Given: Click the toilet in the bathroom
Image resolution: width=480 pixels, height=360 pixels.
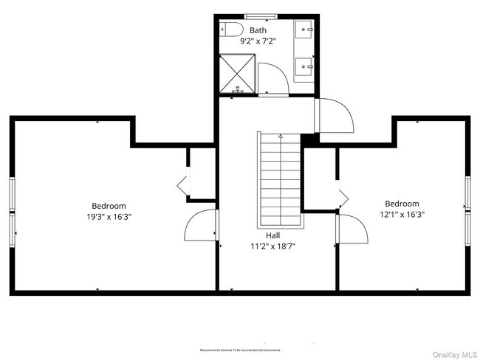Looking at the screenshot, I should coord(233,30).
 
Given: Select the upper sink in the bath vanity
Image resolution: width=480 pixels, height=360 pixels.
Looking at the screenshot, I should coord(304,30).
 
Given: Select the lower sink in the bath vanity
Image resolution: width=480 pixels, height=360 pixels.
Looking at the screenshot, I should coord(304,68).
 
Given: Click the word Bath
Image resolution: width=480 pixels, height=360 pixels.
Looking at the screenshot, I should coord(258,30).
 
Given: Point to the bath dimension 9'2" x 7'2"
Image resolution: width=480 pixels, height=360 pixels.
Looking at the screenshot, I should coord(258,41).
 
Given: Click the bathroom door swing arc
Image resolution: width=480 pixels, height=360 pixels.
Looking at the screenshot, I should coord(275,77).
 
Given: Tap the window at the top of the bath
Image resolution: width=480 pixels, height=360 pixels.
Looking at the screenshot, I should coord(257,16).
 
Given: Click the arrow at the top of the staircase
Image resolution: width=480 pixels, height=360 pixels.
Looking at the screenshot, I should coord(281,136).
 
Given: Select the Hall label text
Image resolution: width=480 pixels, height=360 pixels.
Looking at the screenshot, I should coord(272,236).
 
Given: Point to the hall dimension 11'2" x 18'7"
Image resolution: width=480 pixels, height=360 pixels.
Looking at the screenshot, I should coord(272,247).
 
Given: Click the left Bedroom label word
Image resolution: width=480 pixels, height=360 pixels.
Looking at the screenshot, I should coord(109,206).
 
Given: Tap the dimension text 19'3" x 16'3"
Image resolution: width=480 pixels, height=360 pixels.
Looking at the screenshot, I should coord(109,217).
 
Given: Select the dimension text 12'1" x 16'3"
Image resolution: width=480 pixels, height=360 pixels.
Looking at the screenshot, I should coord(402,215).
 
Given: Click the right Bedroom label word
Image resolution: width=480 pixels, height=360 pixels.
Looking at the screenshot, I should coord(402,204).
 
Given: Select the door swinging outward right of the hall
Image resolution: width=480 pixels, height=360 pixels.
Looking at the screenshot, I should coord(334,116).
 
